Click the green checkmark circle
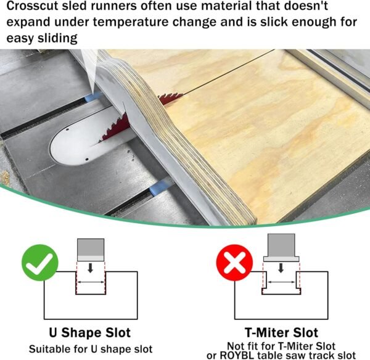click(x=40, y=263)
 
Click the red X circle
click(x=234, y=263)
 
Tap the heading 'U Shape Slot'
click(x=89, y=333)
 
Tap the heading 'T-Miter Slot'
click(x=281, y=333)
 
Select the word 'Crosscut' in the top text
click(x=32, y=6)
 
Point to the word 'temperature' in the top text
click(x=131, y=22)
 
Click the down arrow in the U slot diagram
click(x=90, y=268)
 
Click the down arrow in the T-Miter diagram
click(x=281, y=268)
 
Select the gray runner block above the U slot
click(x=91, y=250)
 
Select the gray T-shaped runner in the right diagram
click(x=281, y=248)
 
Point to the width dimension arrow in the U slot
click(x=91, y=282)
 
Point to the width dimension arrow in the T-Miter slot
click(x=281, y=282)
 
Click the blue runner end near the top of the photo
click(x=92, y=97)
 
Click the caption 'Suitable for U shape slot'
click(x=91, y=349)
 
